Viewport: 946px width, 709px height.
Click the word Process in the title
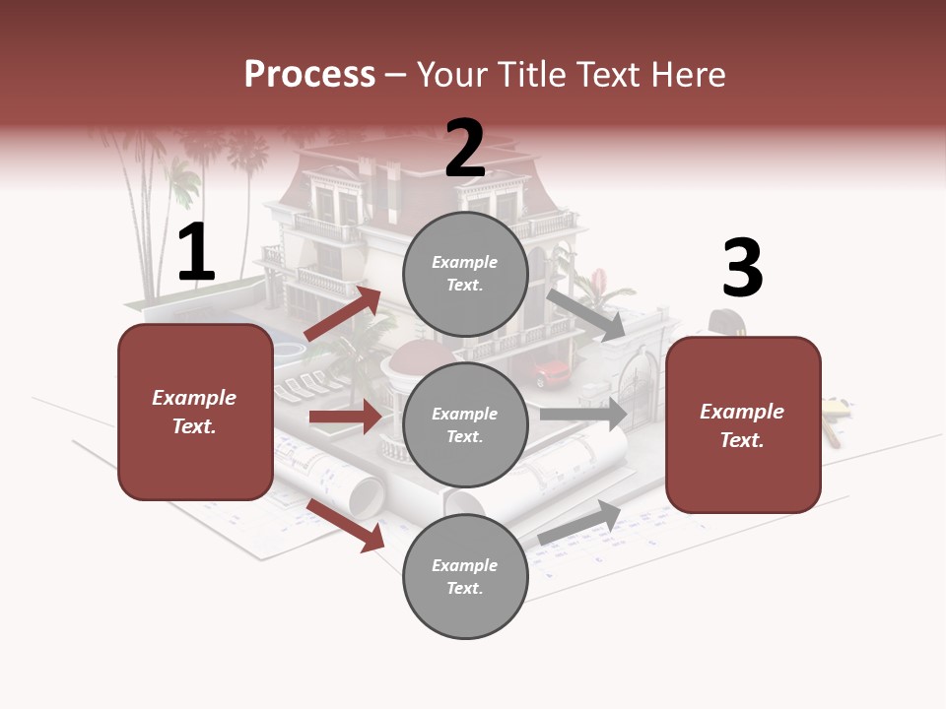tap(309, 75)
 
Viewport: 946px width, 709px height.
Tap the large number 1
tap(196, 253)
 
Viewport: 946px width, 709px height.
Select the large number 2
tap(464, 149)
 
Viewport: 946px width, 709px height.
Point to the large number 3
tap(742, 268)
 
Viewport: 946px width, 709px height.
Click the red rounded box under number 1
tap(195, 413)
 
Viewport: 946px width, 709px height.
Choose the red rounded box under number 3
tap(743, 425)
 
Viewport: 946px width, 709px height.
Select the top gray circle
tap(465, 274)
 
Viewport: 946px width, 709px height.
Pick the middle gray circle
tap(465, 425)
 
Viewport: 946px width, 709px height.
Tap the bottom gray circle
tap(465, 577)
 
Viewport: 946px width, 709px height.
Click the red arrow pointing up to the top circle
tap(343, 314)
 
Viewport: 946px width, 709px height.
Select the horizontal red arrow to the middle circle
tap(345, 418)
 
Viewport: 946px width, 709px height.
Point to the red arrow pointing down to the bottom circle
tap(346, 525)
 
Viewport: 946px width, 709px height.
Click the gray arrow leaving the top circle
tap(586, 315)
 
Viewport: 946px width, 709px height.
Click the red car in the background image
tap(553, 373)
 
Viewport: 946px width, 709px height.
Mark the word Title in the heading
tap(534, 75)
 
